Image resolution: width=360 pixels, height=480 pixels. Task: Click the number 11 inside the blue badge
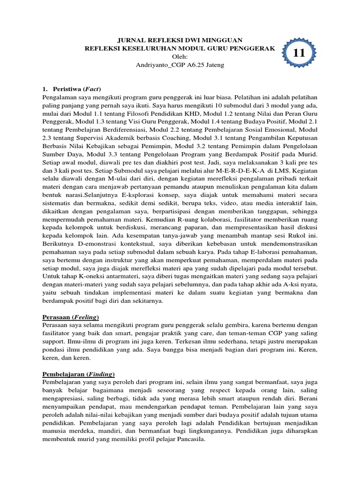coord(299,54)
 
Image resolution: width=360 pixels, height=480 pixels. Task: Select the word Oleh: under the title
coord(180,56)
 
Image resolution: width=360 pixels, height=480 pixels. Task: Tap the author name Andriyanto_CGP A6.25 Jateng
coord(180,65)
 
